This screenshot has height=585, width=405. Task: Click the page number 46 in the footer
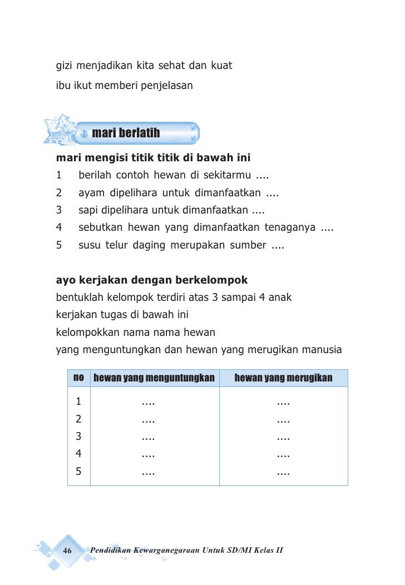coord(68,551)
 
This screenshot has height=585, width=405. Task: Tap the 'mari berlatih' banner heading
coord(126,133)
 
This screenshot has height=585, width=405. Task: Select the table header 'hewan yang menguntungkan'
coord(154,379)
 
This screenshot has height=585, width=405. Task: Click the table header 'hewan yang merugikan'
coord(283,379)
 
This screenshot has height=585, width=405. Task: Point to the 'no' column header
coord(79,378)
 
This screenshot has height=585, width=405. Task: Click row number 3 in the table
coord(79,437)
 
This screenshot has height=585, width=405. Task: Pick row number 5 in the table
coord(79,472)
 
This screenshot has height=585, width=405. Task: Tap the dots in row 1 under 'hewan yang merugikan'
coord(283,402)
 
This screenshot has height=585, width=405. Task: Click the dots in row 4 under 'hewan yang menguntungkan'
coord(148,455)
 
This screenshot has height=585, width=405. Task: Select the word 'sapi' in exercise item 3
coord(87,211)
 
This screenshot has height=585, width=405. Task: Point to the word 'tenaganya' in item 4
coord(288,227)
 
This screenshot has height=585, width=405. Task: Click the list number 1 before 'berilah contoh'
coord(59,176)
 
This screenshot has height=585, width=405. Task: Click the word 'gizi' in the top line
coord(64,67)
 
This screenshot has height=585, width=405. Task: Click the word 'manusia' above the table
coord(322,350)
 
